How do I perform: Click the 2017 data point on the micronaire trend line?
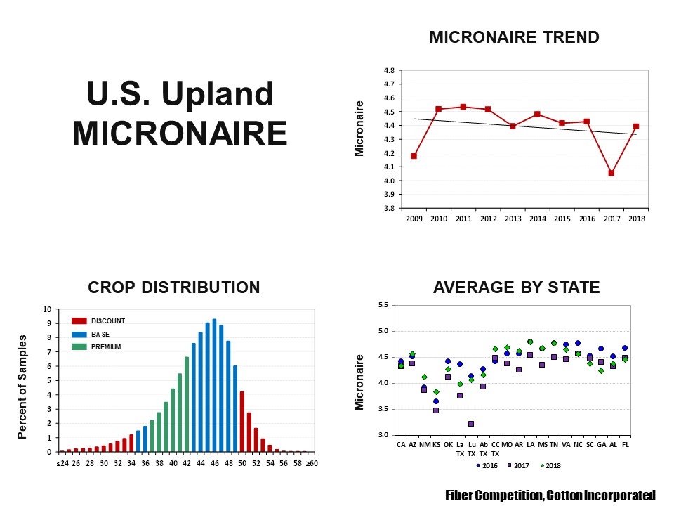coord(612,173)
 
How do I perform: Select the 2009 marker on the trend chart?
coord(414,156)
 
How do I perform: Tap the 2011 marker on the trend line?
coord(463,107)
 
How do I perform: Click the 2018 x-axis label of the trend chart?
coord(636,219)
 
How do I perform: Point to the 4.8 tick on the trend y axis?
coord(389,70)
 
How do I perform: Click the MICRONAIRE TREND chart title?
coord(514,37)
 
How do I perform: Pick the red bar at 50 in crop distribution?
coord(242,421)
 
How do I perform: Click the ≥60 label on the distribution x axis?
coord(312,463)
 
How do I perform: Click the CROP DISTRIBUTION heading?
coord(173,287)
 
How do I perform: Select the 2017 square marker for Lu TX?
coord(471,424)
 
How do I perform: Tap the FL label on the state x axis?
coord(625,444)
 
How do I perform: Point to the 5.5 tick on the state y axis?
coord(383,305)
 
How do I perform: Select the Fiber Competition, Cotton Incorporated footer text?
coord(550,495)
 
